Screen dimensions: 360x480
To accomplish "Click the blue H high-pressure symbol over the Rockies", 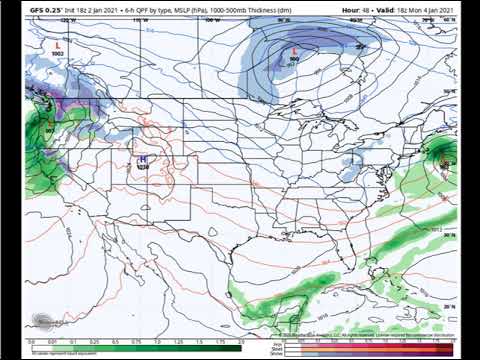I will (x=142, y=158).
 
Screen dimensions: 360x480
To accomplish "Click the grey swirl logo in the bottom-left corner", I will (x=43, y=322).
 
